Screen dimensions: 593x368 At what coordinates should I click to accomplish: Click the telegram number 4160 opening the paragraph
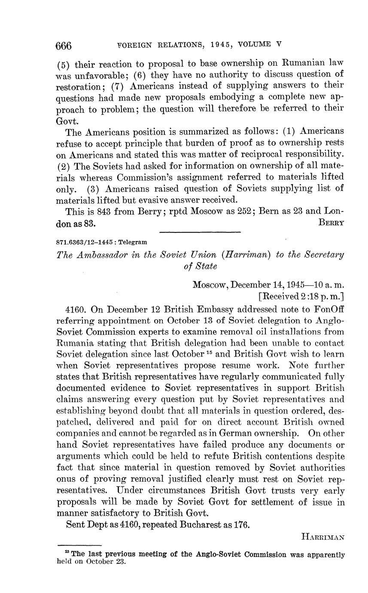(74, 310)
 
